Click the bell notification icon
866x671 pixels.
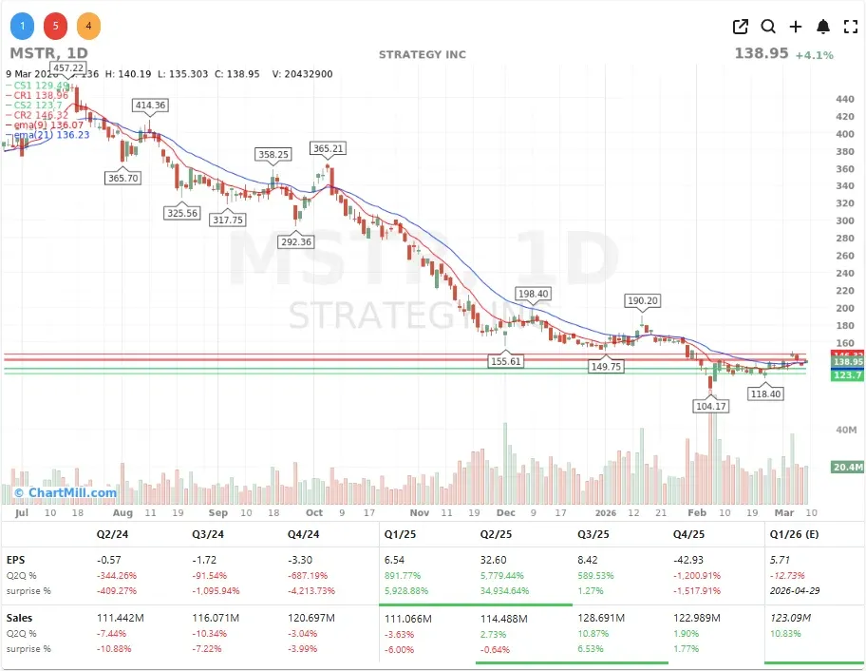(x=823, y=27)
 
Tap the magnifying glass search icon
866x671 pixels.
(x=768, y=27)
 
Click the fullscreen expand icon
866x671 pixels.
(x=851, y=27)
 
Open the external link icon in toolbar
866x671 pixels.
(x=741, y=27)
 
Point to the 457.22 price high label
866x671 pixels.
(x=68, y=68)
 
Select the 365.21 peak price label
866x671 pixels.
(x=328, y=148)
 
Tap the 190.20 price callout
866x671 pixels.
(x=642, y=300)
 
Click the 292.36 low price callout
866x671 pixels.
(x=296, y=241)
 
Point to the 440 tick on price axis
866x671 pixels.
(x=844, y=99)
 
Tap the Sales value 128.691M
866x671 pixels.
(x=602, y=618)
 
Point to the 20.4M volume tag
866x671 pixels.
(x=847, y=467)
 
